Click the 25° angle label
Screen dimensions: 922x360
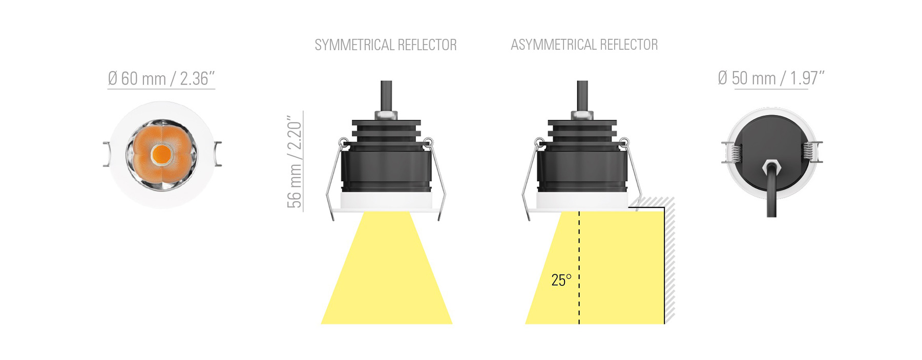(x=561, y=280)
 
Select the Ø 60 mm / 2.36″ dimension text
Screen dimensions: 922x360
(x=161, y=78)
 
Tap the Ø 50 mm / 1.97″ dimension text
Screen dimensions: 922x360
(x=771, y=78)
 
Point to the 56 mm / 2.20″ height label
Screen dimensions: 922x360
(x=295, y=161)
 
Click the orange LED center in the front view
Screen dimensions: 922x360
(x=162, y=154)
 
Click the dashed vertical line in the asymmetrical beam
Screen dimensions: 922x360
(x=579, y=267)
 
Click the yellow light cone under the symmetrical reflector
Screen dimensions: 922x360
(x=387, y=268)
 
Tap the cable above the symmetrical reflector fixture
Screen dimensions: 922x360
(x=386, y=96)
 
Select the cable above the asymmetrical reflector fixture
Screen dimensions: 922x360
(x=582, y=96)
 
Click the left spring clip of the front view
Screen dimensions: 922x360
(x=107, y=154)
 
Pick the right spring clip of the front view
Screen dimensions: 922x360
(x=218, y=154)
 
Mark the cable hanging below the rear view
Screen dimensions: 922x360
(x=771, y=195)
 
